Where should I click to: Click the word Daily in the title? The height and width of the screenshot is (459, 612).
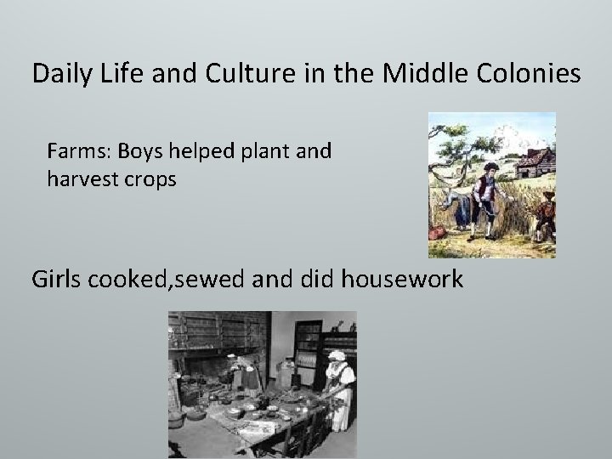pos(59,75)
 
